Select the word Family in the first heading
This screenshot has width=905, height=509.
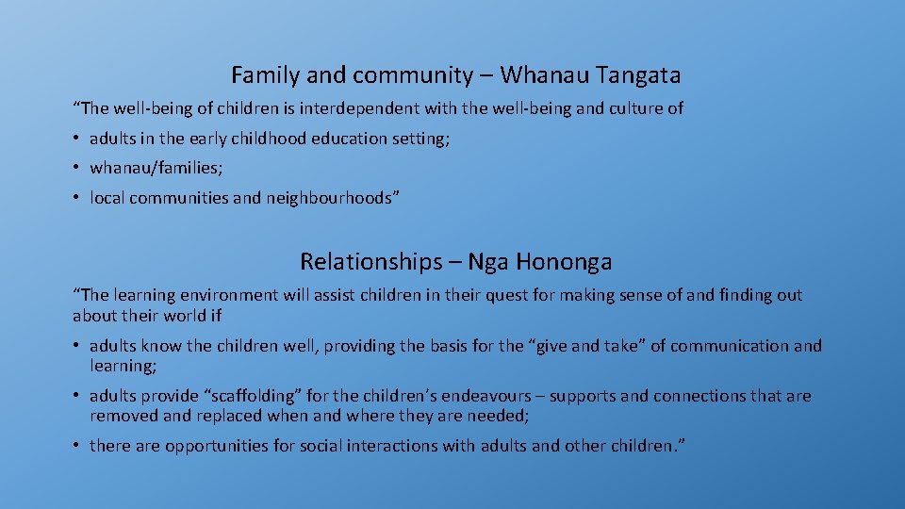(x=260, y=74)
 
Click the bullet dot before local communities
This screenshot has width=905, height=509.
(x=75, y=198)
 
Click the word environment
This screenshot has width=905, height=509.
(x=222, y=295)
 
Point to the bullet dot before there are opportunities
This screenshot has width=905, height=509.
(x=75, y=446)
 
